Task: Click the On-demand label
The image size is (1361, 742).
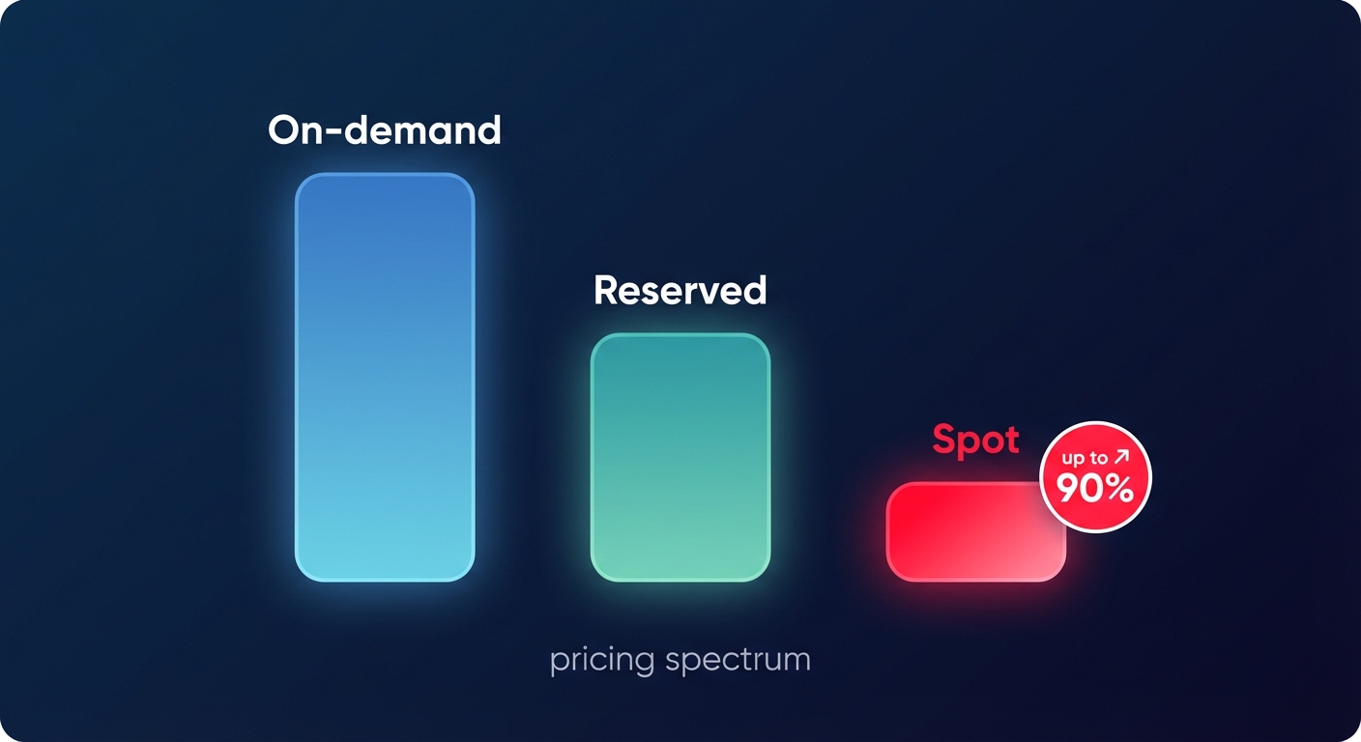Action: (385, 130)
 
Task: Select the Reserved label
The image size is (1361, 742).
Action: (680, 290)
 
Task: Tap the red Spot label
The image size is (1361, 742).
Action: (975, 441)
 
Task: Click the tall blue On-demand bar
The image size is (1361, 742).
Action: (385, 377)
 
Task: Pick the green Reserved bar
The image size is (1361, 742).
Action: (680, 457)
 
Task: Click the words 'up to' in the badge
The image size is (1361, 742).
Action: (1085, 458)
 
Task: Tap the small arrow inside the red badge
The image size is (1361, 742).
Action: (1121, 456)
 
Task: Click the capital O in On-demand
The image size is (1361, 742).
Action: (285, 130)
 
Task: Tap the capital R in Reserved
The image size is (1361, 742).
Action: (606, 290)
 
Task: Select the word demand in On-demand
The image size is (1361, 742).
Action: (423, 130)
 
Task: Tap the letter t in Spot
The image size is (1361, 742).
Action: (1011, 441)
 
